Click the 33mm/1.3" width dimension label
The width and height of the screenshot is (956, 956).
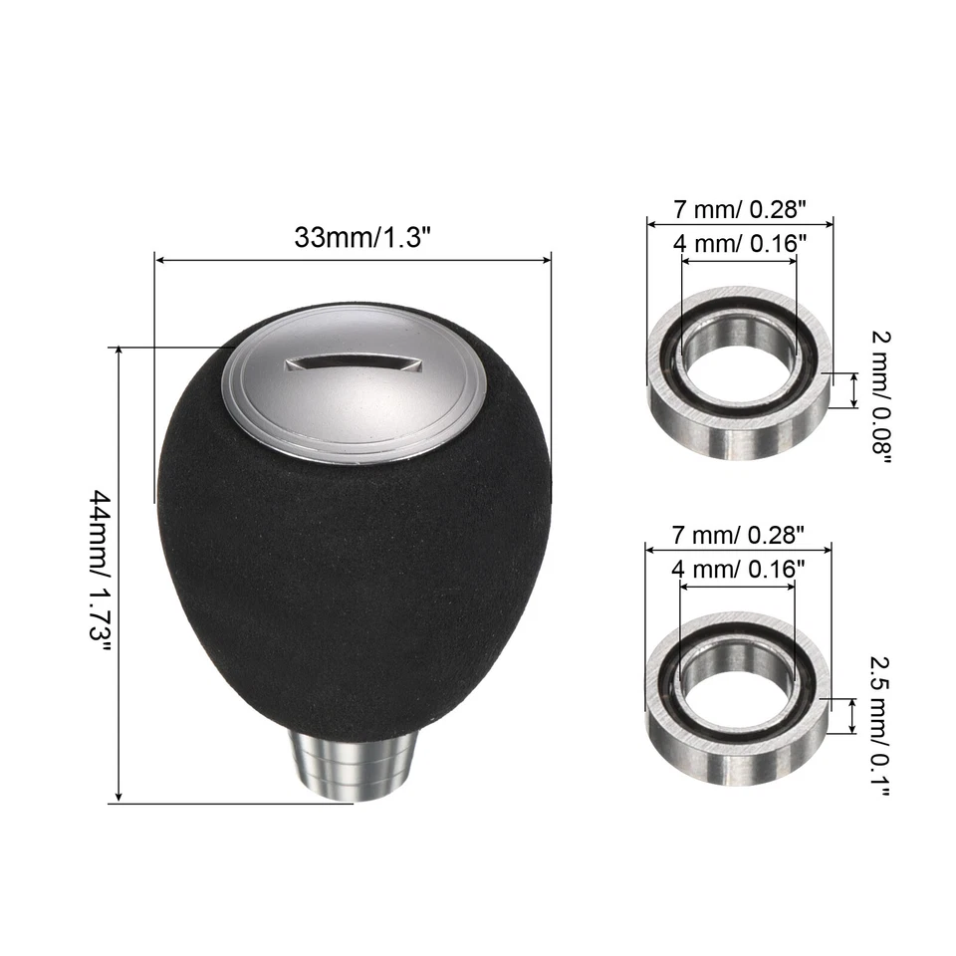(353, 238)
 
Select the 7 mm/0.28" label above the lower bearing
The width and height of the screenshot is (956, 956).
(738, 535)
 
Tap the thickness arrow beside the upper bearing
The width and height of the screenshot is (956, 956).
(852, 390)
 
